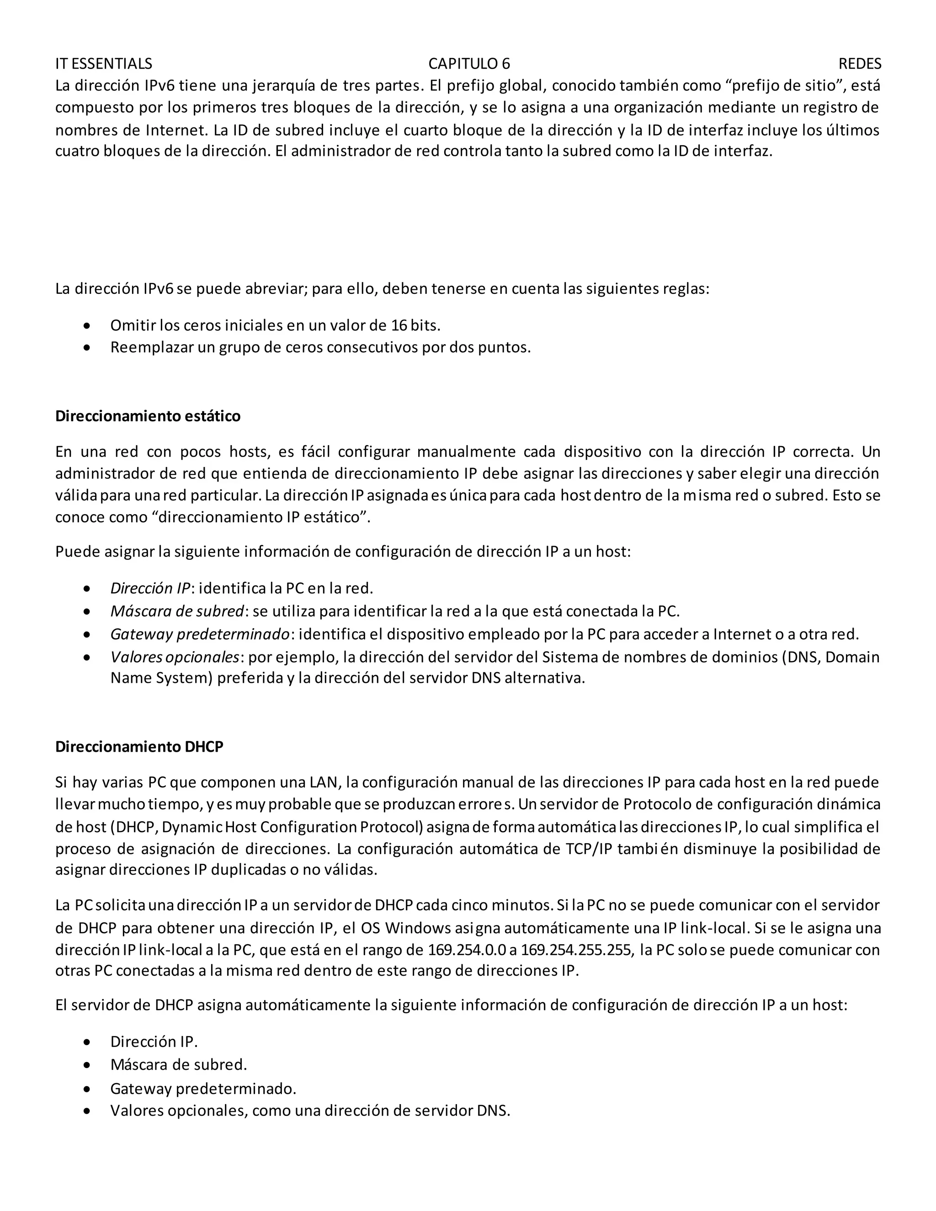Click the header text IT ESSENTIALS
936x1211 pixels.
coord(104,64)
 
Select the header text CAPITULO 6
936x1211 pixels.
coord(469,64)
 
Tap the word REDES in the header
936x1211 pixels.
coord(860,64)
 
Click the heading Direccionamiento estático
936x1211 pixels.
coord(148,416)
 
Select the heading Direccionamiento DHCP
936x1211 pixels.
coord(139,747)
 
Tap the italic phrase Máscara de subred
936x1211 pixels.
coord(177,611)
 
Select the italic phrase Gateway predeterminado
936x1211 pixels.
coord(200,634)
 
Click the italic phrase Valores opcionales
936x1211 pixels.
coord(175,657)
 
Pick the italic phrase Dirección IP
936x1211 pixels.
coord(150,588)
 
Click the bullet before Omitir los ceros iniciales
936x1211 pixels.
coord(86,325)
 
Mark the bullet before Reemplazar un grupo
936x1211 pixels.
coord(86,348)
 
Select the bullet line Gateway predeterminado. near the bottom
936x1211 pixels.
coord(203,1089)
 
